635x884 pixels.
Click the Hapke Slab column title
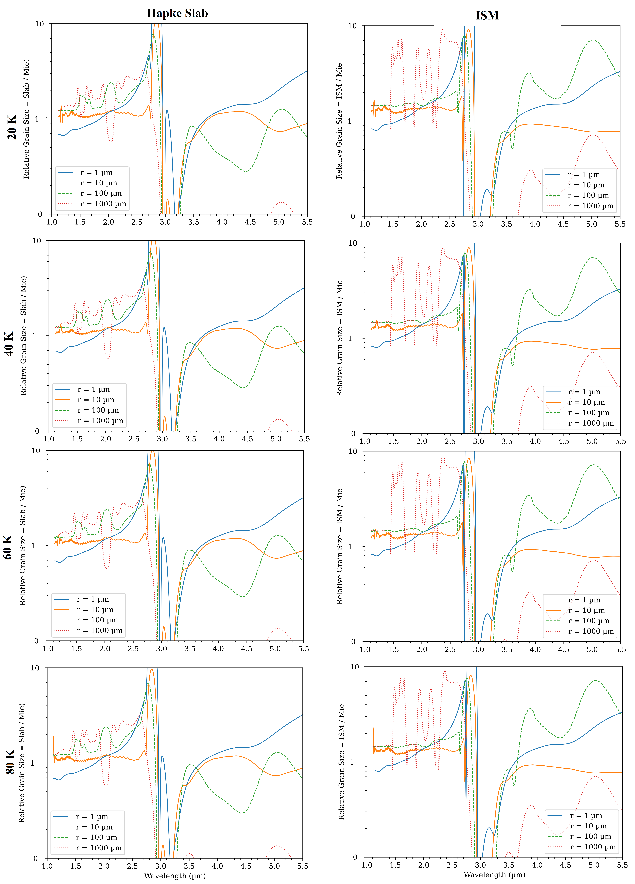[x=177, y=13]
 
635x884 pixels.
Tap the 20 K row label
[x=12, y=127]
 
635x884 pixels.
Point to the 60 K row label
[x=8, y=548]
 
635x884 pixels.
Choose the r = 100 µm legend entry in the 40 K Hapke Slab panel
[x=99, y=410]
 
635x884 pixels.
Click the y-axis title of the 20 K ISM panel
[x=339, y=121]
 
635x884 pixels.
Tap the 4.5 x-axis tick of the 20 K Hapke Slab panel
[x=250, y=222]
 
